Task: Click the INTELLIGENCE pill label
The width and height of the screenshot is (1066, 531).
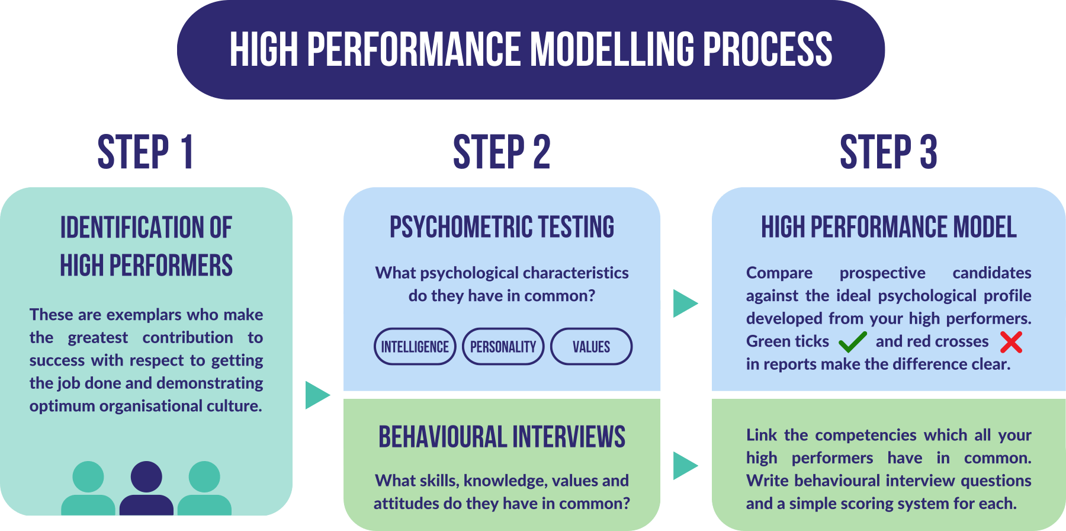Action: [x=415, y=347]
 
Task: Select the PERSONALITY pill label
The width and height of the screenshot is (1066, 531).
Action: [x=503, y=347]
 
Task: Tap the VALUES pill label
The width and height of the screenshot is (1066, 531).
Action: [x=591, y=347]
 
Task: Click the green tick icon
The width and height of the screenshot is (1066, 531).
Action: [x=852, y=342]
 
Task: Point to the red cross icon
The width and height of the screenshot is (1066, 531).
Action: [x=1011, y=342]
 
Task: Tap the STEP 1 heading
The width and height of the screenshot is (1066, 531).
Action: [x=146, y=152]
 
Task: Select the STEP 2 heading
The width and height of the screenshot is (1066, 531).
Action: [x=502, y=152]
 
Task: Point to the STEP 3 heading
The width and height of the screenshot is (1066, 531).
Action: [x=888, y=152]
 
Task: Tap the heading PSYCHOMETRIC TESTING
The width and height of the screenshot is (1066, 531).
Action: [x=502, y=227]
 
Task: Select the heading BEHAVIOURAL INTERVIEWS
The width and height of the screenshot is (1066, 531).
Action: [x=502, y=437]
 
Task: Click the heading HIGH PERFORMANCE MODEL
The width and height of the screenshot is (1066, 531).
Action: [x=888, y=227]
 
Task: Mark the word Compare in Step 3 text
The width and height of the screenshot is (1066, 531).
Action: [x=779, y=273]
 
